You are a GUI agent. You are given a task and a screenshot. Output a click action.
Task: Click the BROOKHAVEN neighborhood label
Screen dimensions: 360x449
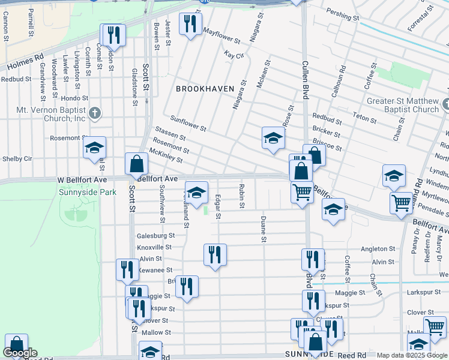205,88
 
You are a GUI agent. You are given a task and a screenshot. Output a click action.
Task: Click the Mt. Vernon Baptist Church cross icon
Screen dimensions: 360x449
94,113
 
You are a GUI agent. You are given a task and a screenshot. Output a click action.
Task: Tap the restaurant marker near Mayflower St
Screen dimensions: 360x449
191,24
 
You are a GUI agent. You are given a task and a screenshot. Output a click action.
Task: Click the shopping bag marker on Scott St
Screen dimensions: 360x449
137,163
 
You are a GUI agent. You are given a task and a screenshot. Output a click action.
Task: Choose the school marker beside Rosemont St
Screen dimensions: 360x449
94,148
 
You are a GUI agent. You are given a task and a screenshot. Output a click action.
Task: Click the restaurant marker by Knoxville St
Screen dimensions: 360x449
215,254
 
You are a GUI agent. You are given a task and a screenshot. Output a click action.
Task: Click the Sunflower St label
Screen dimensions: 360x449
188,124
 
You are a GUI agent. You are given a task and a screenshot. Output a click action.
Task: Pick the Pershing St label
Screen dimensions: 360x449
342,14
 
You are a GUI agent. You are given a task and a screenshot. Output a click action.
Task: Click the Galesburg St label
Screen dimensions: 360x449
155,236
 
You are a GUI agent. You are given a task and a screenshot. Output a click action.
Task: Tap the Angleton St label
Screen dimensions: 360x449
378,248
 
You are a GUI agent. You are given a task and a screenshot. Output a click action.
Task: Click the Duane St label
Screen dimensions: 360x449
263,230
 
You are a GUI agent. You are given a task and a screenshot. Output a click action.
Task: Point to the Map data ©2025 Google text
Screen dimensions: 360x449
411,355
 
